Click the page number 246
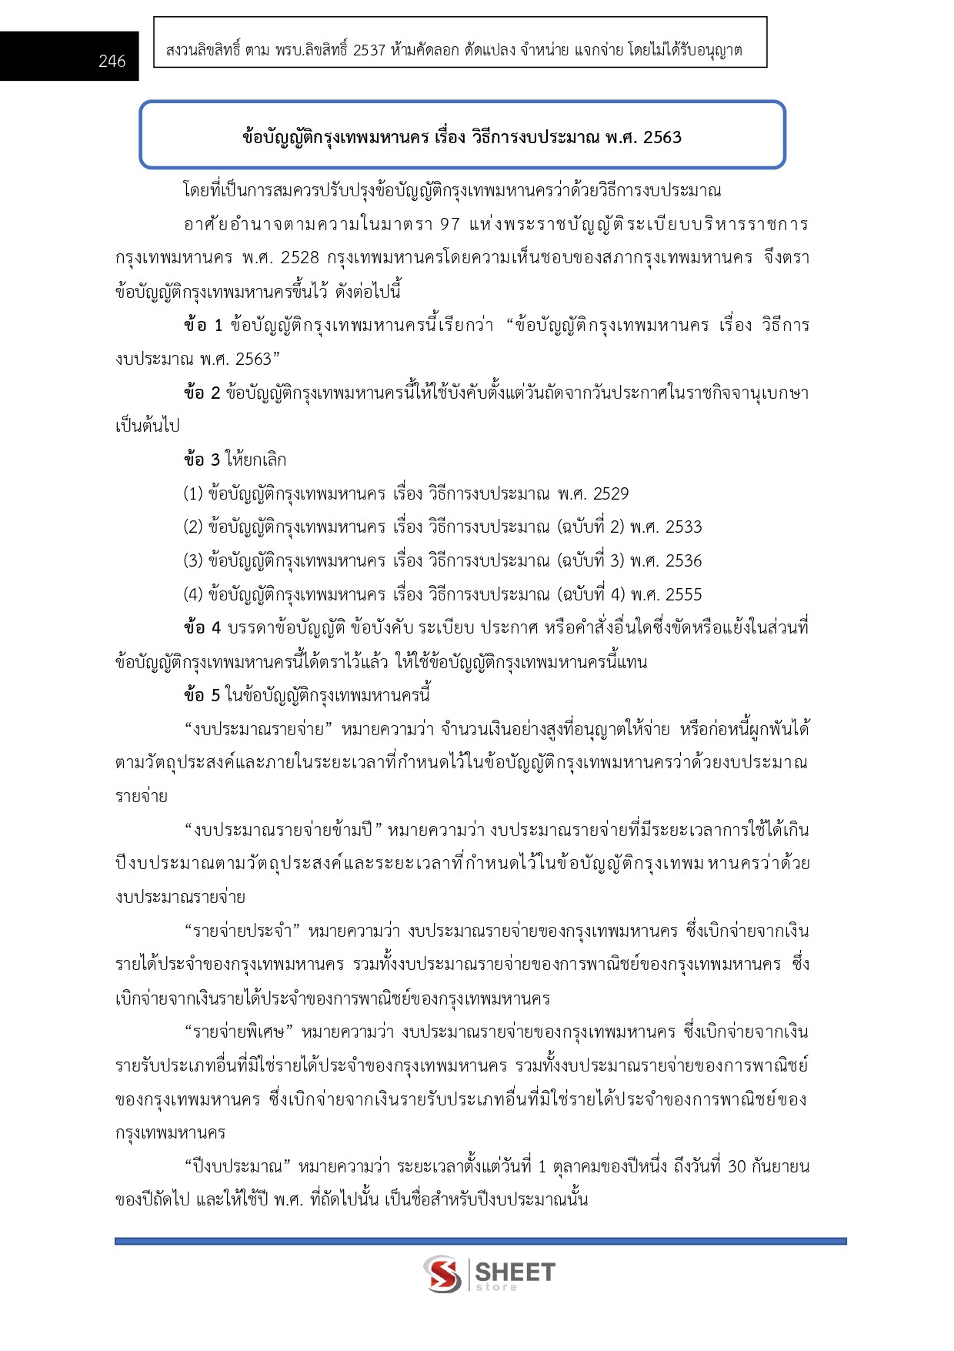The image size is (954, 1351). (x=112, y=62)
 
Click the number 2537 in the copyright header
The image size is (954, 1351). (x=369, y=51)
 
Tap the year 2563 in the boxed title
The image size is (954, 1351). (x=662, y=138)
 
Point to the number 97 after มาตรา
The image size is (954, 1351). (x=449, y=225)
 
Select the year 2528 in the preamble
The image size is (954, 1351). (x=299, y=258)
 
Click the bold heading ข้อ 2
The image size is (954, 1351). (x=202, y=393)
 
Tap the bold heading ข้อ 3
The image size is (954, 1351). (x=202, y=460)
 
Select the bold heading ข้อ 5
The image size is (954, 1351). (x=202, y=696)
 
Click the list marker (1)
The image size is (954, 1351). (x=192, y=494)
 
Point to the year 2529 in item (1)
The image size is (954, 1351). (x=610, y=494)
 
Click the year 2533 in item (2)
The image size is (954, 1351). (x=683, y=527)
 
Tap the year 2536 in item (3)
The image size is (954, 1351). (x=683, y=561)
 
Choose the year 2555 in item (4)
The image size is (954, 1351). (x=683, y=595)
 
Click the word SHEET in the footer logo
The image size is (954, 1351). (x=515, y=1272)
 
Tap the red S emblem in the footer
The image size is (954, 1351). (x=442, y=1275)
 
